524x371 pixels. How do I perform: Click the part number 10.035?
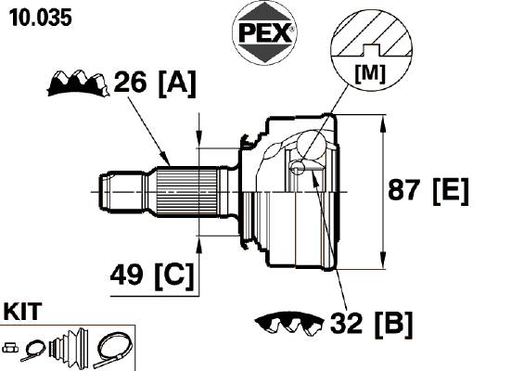coord(41,18)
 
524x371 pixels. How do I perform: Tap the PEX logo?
coord(264,32)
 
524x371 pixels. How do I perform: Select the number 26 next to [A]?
coord(130,82)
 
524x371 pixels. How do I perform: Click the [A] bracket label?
coord(177,83)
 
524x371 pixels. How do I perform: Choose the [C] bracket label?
coord(174,275)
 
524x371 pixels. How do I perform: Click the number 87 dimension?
coord(403,190)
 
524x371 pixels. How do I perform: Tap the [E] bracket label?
coord(451,191)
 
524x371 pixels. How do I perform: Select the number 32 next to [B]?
coord(346,323)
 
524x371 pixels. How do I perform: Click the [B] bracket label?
coord(393,325)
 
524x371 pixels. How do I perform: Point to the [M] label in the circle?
coord(371,73)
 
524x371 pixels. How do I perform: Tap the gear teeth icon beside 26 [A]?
coord(78,83)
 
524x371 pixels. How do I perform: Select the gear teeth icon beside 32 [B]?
coord(289,323)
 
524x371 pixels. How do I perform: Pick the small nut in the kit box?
coord(10,348)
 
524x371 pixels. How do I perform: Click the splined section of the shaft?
coord(186,192)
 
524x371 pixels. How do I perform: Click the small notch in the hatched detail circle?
coord(371,50)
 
